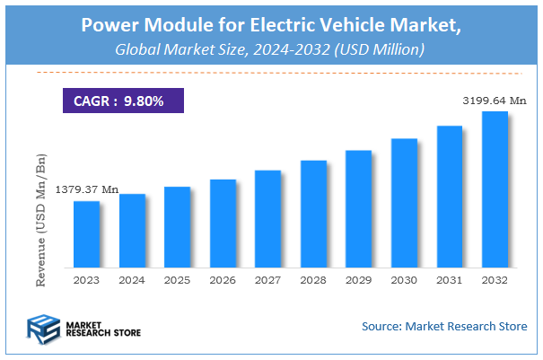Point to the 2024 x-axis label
[x=132, y=280]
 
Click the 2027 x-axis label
[x=267, y=280]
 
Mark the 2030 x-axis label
[x=404, y=280]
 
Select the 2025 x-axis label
[x=177, y=280]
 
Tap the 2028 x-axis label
[x=313, y=280]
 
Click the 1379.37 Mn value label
[x=87, y=189]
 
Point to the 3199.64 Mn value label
[x=493, y=101]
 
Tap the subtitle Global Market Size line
[x=271, y=49]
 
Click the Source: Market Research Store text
[x=444, y=325]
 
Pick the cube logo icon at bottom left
[x=41, y=329]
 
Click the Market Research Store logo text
[x=101, y=329]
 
